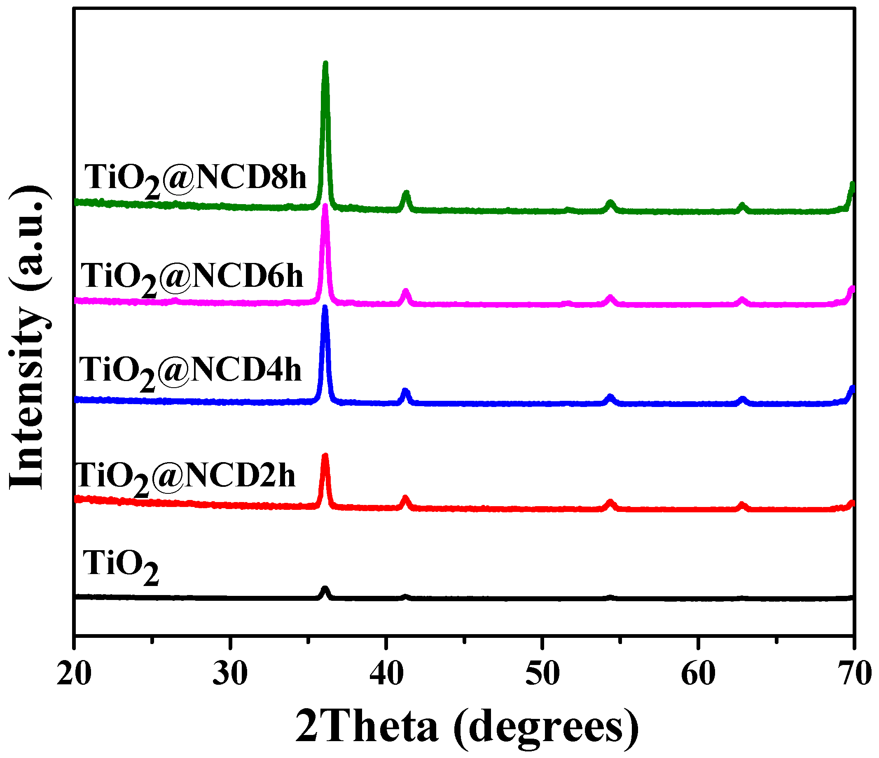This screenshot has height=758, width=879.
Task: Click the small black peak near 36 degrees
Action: point(325,590)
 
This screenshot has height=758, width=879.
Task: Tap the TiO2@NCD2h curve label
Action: point(185,477)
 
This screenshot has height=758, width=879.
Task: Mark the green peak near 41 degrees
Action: point(406,194)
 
